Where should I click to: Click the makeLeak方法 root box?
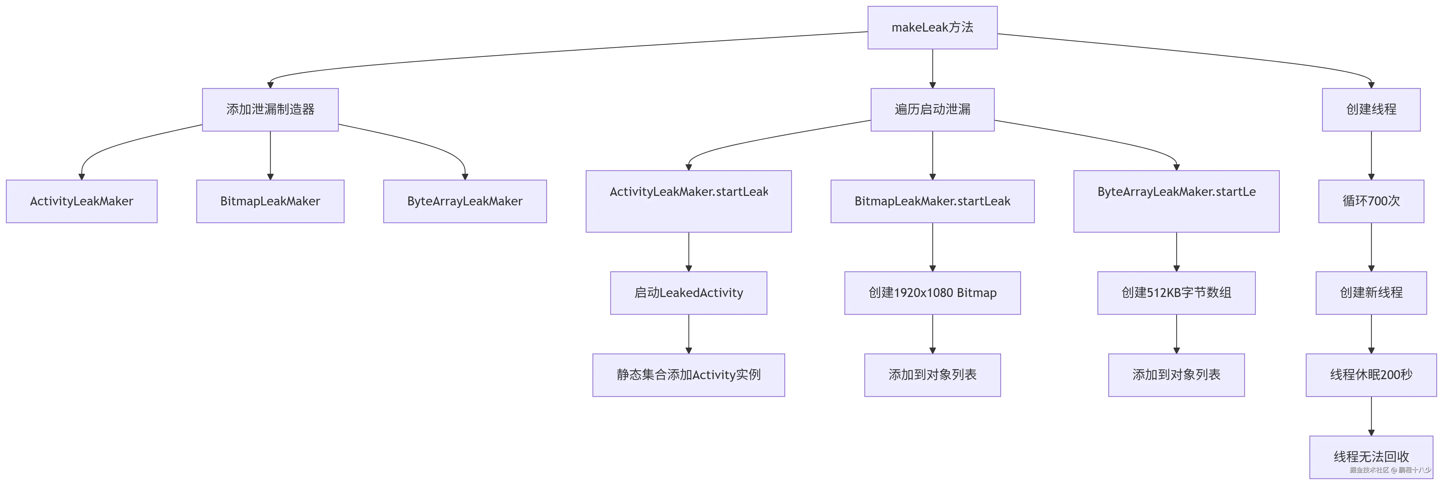tap(932, 27)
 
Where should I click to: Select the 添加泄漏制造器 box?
tap(270, 110)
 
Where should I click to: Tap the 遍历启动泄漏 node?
tap(932, 110)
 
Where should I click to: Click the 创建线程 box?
tap(1371, 110)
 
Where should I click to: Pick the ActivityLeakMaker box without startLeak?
tap(81, 201)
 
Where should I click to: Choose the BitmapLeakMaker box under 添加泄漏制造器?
tap(270, 201)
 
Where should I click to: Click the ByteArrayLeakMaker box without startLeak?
tap(464, 201)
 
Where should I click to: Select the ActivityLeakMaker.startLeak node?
tap(688, 201)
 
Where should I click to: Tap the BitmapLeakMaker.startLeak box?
tap(932, 201)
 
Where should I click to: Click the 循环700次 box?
tap(1371, 201)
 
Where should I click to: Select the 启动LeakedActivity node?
tap(688, 293)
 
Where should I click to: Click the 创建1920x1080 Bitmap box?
tap(932, 293)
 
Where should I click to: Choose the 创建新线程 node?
tap(1371, 293)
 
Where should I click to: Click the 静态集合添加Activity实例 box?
tap(688, 375)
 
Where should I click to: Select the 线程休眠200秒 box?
tap(1371, 375)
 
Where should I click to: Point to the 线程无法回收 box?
tap(1371, 457)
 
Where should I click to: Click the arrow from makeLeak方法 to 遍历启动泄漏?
tap(932, 68)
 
